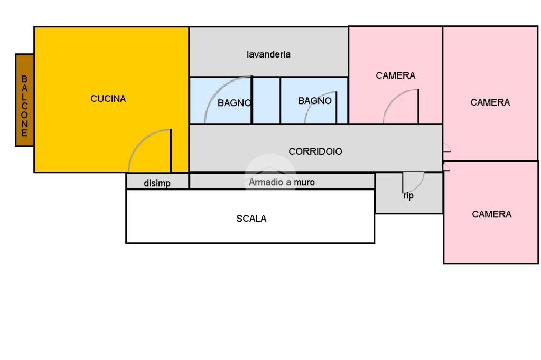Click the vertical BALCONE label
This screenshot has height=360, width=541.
(24, 106)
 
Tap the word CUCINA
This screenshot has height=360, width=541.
(108, 99)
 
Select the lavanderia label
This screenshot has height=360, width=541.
(268, 54)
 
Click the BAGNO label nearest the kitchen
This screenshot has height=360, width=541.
(234, 103)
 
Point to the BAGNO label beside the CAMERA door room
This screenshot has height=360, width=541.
(315, 101)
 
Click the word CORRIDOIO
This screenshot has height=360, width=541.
(315, 151)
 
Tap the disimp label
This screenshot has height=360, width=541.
(157, 184)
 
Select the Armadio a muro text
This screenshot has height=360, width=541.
(282, 182)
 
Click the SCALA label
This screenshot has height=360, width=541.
(251, 219)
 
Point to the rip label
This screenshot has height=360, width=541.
(408, 196)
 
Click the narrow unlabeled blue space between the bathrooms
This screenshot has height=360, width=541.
(266, 100)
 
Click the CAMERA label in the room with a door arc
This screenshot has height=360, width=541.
(395, 75)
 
